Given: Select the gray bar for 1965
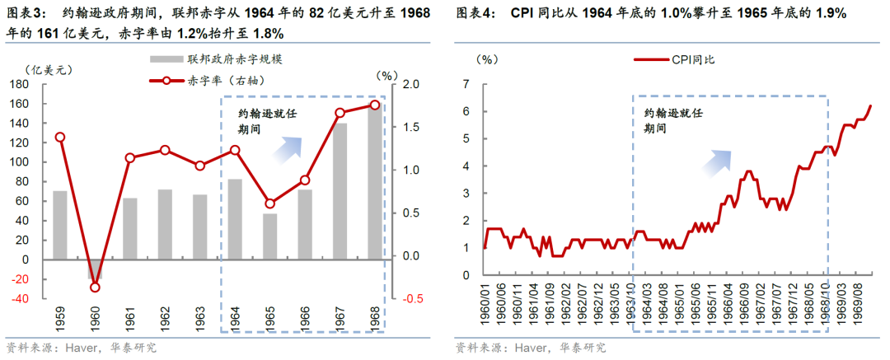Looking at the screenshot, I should tap(269, 236).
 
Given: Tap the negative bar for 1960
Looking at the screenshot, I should tap(95, 269).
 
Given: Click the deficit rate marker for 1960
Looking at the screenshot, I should tap(95, 287).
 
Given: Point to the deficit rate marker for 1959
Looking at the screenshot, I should tap(59, 138).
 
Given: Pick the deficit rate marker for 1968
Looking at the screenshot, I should tap(375, 105).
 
